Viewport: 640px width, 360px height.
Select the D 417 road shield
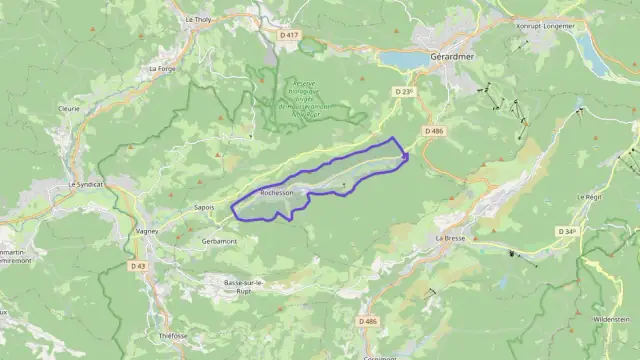point(289,35)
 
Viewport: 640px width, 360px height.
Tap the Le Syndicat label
point(86,184)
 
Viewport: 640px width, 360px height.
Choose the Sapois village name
point(203,207)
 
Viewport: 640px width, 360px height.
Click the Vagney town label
point(147,231)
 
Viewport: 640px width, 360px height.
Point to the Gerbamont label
point(219,241)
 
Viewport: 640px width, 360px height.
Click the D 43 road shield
point(138,265)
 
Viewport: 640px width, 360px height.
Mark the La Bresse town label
point(452,239)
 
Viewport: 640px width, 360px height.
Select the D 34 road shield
point(566,231)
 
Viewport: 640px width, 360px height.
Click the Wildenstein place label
point(611,319)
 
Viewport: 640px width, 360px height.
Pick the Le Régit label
point(587,197)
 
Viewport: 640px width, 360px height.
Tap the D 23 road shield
point(404,91)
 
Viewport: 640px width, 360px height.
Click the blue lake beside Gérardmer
point(406,60)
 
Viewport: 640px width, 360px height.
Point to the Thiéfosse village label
point(173,336)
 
